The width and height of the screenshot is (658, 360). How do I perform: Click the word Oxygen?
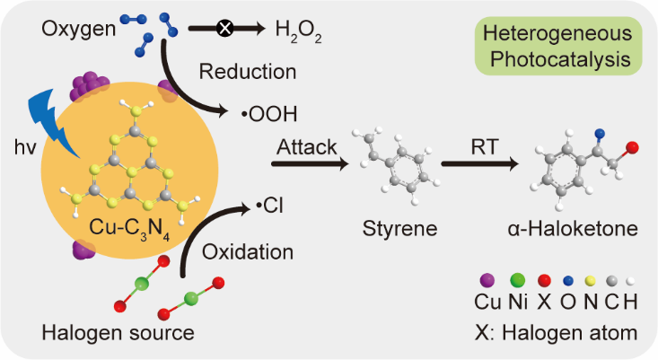[79, 30]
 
